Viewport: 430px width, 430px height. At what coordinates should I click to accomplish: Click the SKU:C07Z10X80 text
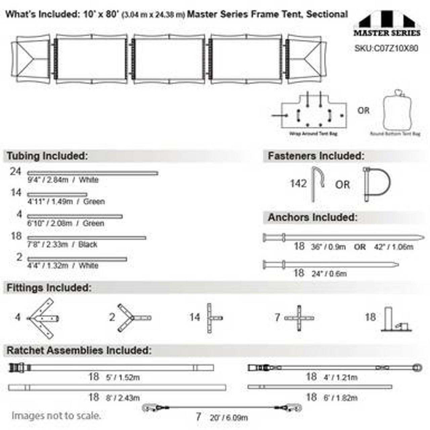[x=386, y=48]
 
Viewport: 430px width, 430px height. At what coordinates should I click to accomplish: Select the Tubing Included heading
[x=47, y=156]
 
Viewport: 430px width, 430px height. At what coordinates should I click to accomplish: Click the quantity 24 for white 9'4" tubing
[x=15, y=172]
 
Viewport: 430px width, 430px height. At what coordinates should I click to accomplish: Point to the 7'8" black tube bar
[x=87, y=238]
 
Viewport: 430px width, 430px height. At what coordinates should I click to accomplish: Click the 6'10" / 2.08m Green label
[x=66, y=223]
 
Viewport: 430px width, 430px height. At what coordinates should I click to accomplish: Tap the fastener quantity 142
[x=298, y=184]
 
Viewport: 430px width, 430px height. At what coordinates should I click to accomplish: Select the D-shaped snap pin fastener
[x=377, y=184]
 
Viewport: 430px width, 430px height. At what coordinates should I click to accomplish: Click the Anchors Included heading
[x=312, y=218]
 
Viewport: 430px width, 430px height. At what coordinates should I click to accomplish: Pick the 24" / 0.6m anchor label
[x=329, y=274]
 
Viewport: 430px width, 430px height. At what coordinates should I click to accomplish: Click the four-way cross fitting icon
[x=299, y=318]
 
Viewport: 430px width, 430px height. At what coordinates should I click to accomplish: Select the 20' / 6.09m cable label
[x=229, y=418]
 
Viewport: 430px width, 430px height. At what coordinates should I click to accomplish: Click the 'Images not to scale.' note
[x=56, y=416]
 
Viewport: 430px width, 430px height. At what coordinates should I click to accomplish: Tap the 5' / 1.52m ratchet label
[x=123, y=378]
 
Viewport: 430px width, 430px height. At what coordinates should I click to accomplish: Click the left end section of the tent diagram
[x=31, y=59]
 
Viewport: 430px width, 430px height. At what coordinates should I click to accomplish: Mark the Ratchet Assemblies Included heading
[x=79, y=351]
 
